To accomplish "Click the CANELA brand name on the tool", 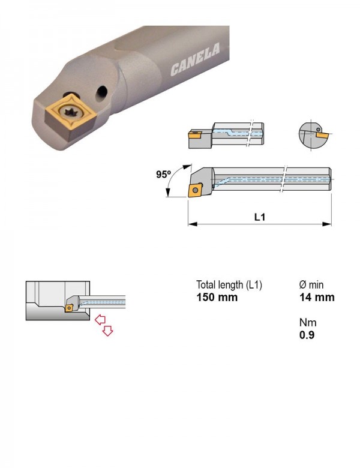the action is [x=195, y=59].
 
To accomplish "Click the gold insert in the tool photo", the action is [x=70, y=115].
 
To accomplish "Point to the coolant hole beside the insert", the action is [x=102, y=92].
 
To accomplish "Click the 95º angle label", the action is [x=163, y=175].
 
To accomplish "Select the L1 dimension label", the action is [x=259, y=217].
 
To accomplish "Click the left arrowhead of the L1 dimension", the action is [x=193, y=224].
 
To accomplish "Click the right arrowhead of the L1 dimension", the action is [x=327, y=224].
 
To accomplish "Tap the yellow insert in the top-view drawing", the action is [x=194, y=135].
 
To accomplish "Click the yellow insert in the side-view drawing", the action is [x=195, y=190].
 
